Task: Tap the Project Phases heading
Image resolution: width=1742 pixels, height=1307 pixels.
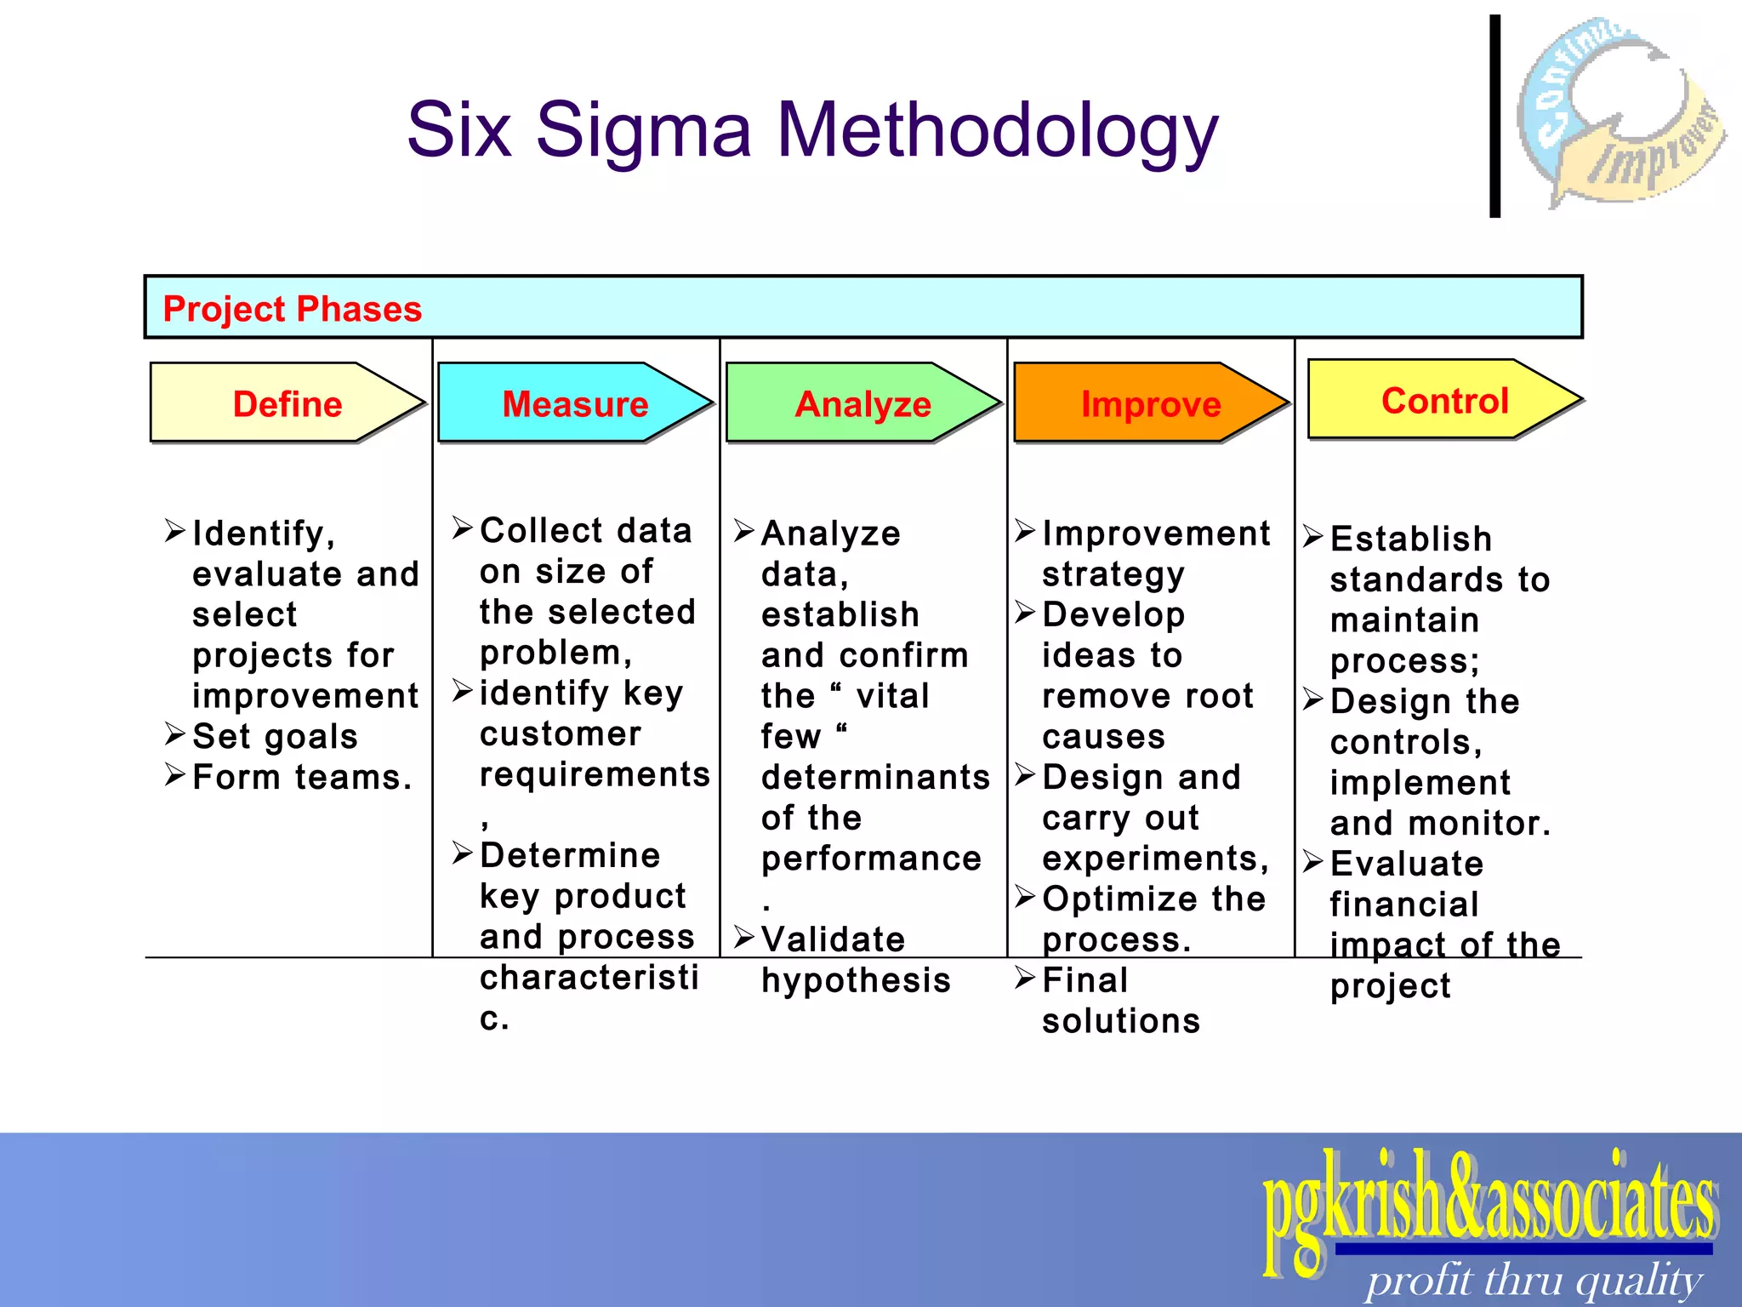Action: click(292, 309)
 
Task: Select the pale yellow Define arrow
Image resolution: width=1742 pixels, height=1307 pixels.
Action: click(287, 403)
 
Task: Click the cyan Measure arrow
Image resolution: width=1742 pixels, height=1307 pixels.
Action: click(575, 403)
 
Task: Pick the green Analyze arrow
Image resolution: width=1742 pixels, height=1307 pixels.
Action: click(862, 403)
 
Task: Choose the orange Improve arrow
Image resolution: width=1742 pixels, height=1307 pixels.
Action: click(1150, 403)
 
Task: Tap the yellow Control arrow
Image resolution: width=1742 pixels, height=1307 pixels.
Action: click(1444, 400)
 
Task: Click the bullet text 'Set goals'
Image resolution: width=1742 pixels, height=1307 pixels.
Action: click(275, 736)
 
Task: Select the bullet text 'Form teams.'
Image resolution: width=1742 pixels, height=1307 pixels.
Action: click(302, 777)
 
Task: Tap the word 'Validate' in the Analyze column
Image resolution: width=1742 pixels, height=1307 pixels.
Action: click(833, 939)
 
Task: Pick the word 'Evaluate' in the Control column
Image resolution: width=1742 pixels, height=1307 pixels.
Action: click(1407, 864)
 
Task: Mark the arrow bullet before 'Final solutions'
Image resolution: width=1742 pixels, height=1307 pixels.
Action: click(1025, 979)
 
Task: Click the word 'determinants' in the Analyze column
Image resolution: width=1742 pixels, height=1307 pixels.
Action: click(875, 777)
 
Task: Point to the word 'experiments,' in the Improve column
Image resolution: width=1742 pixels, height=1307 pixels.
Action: click(1155, 859)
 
